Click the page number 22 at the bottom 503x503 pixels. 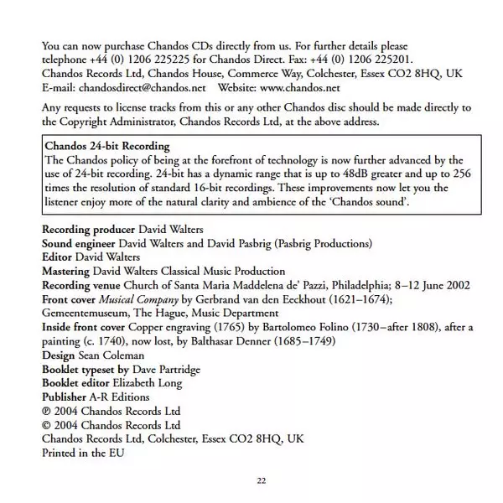click(x=261, y=480)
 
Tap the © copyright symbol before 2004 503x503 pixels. click(x=46, y=425)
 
